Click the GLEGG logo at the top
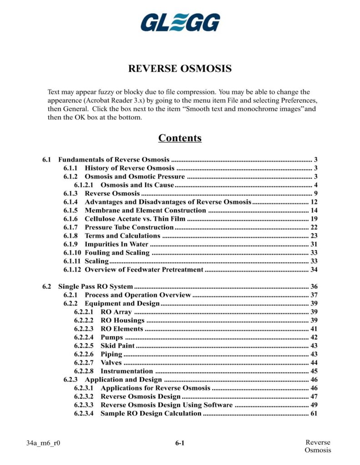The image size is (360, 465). pyautogui.click(x=180, y=22)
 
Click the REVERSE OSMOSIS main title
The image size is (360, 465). pyautogui.click(x=180, y=69)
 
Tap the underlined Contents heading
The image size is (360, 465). pyautogui.click(x=180, y=138)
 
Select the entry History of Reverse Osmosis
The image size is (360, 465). pyautogui.click(x=130, y=168)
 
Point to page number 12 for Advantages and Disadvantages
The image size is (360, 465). pyautogui.click(x=314, y=202)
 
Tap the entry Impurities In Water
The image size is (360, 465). pyautogui.click(x=116, y=244)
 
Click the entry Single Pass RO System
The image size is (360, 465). pyautogui.click(x=95, y=287)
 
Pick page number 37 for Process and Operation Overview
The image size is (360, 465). pyautogui.click(x=314, y=295)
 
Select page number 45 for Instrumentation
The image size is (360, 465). pyautogui.click(x=314, y=371)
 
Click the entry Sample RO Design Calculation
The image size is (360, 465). pyautogui.click(x=150, y=414)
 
